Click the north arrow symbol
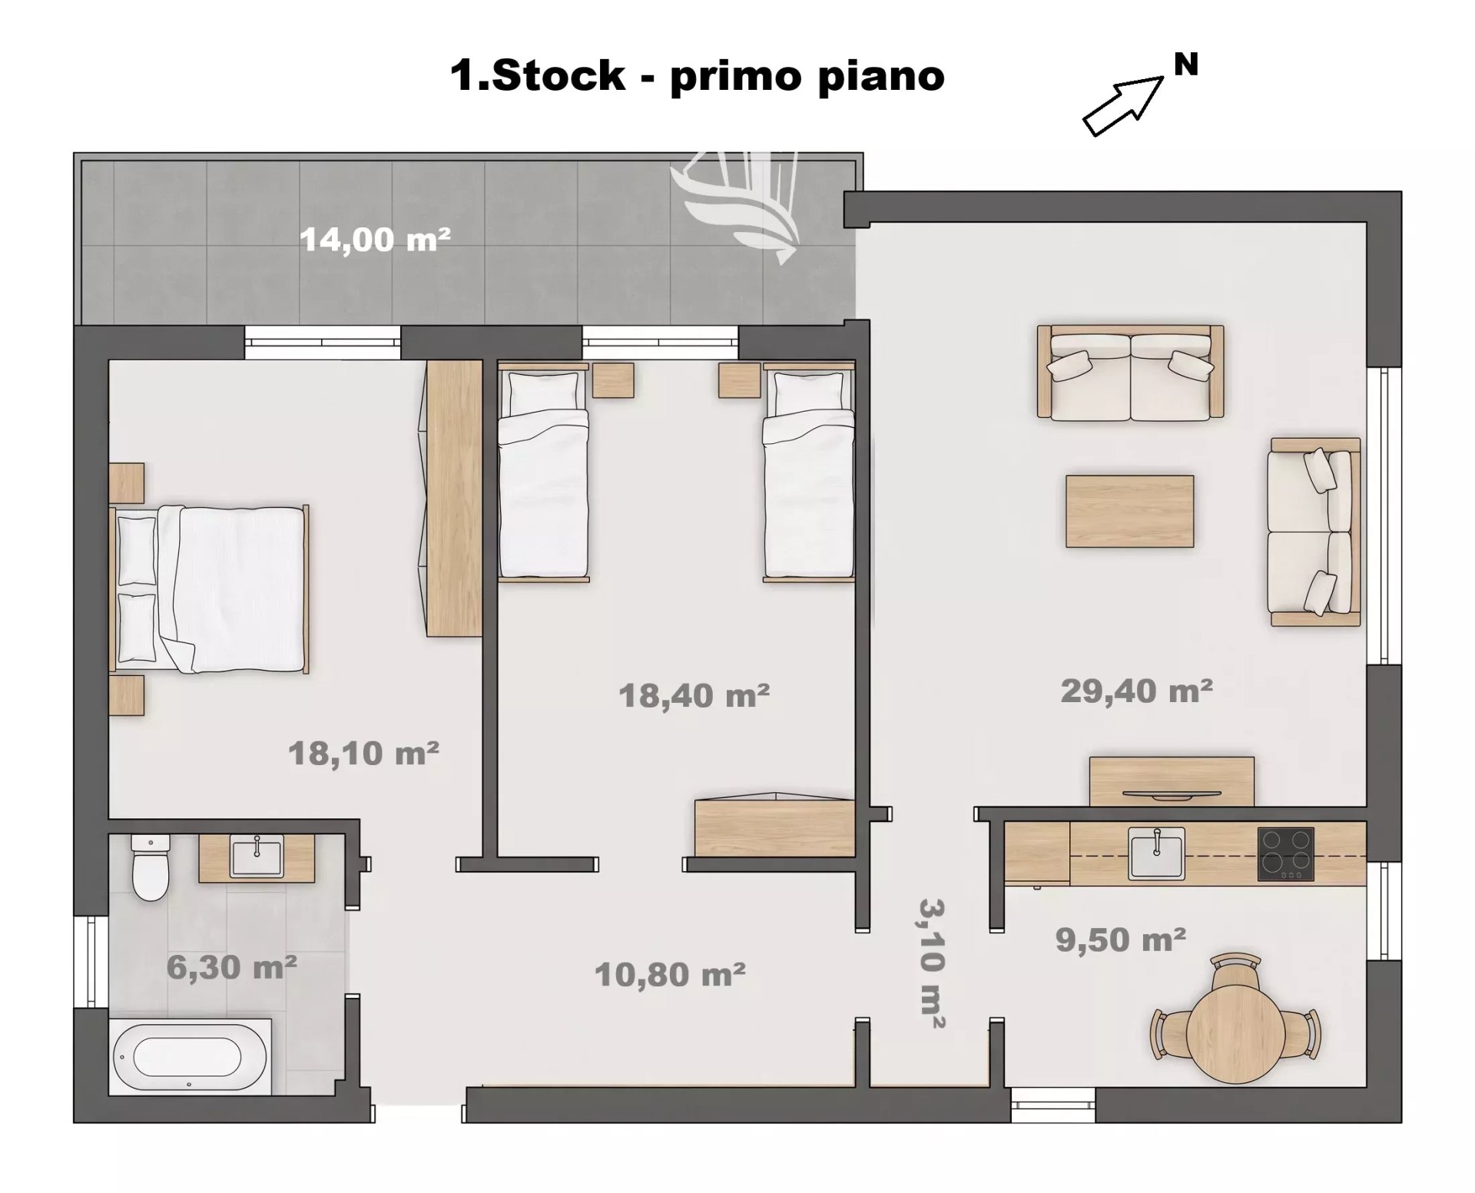(x=1123, y=106)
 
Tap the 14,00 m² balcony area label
(x=375, y=240)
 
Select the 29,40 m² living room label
(x=1137, y=691)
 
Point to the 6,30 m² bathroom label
(x=232, y=967)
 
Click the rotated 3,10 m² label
(x=931, y=963)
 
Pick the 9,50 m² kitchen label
(x=1121, y=939)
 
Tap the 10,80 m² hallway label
(x=670, y=974)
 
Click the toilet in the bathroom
(x=150, y=867)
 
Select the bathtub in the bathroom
(x=191, y=1056)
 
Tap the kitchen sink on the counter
(x=1156, y=853)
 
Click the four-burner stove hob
(x=1286, y=853)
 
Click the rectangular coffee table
(x=1129, y=511)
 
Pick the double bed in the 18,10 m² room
(x=209, y=588)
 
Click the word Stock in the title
(x=558, y=76)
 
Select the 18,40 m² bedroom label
(x=694, y=695)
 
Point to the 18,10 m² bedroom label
(x=363, y=753)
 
